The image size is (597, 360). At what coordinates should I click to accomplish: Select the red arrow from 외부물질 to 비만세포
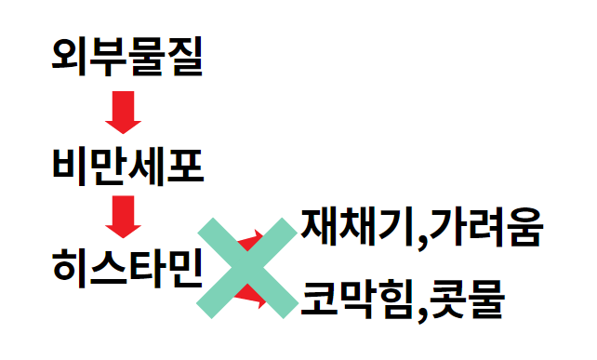[x=123, y=113]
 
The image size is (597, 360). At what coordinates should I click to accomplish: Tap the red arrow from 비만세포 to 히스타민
[x=123, y=216]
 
